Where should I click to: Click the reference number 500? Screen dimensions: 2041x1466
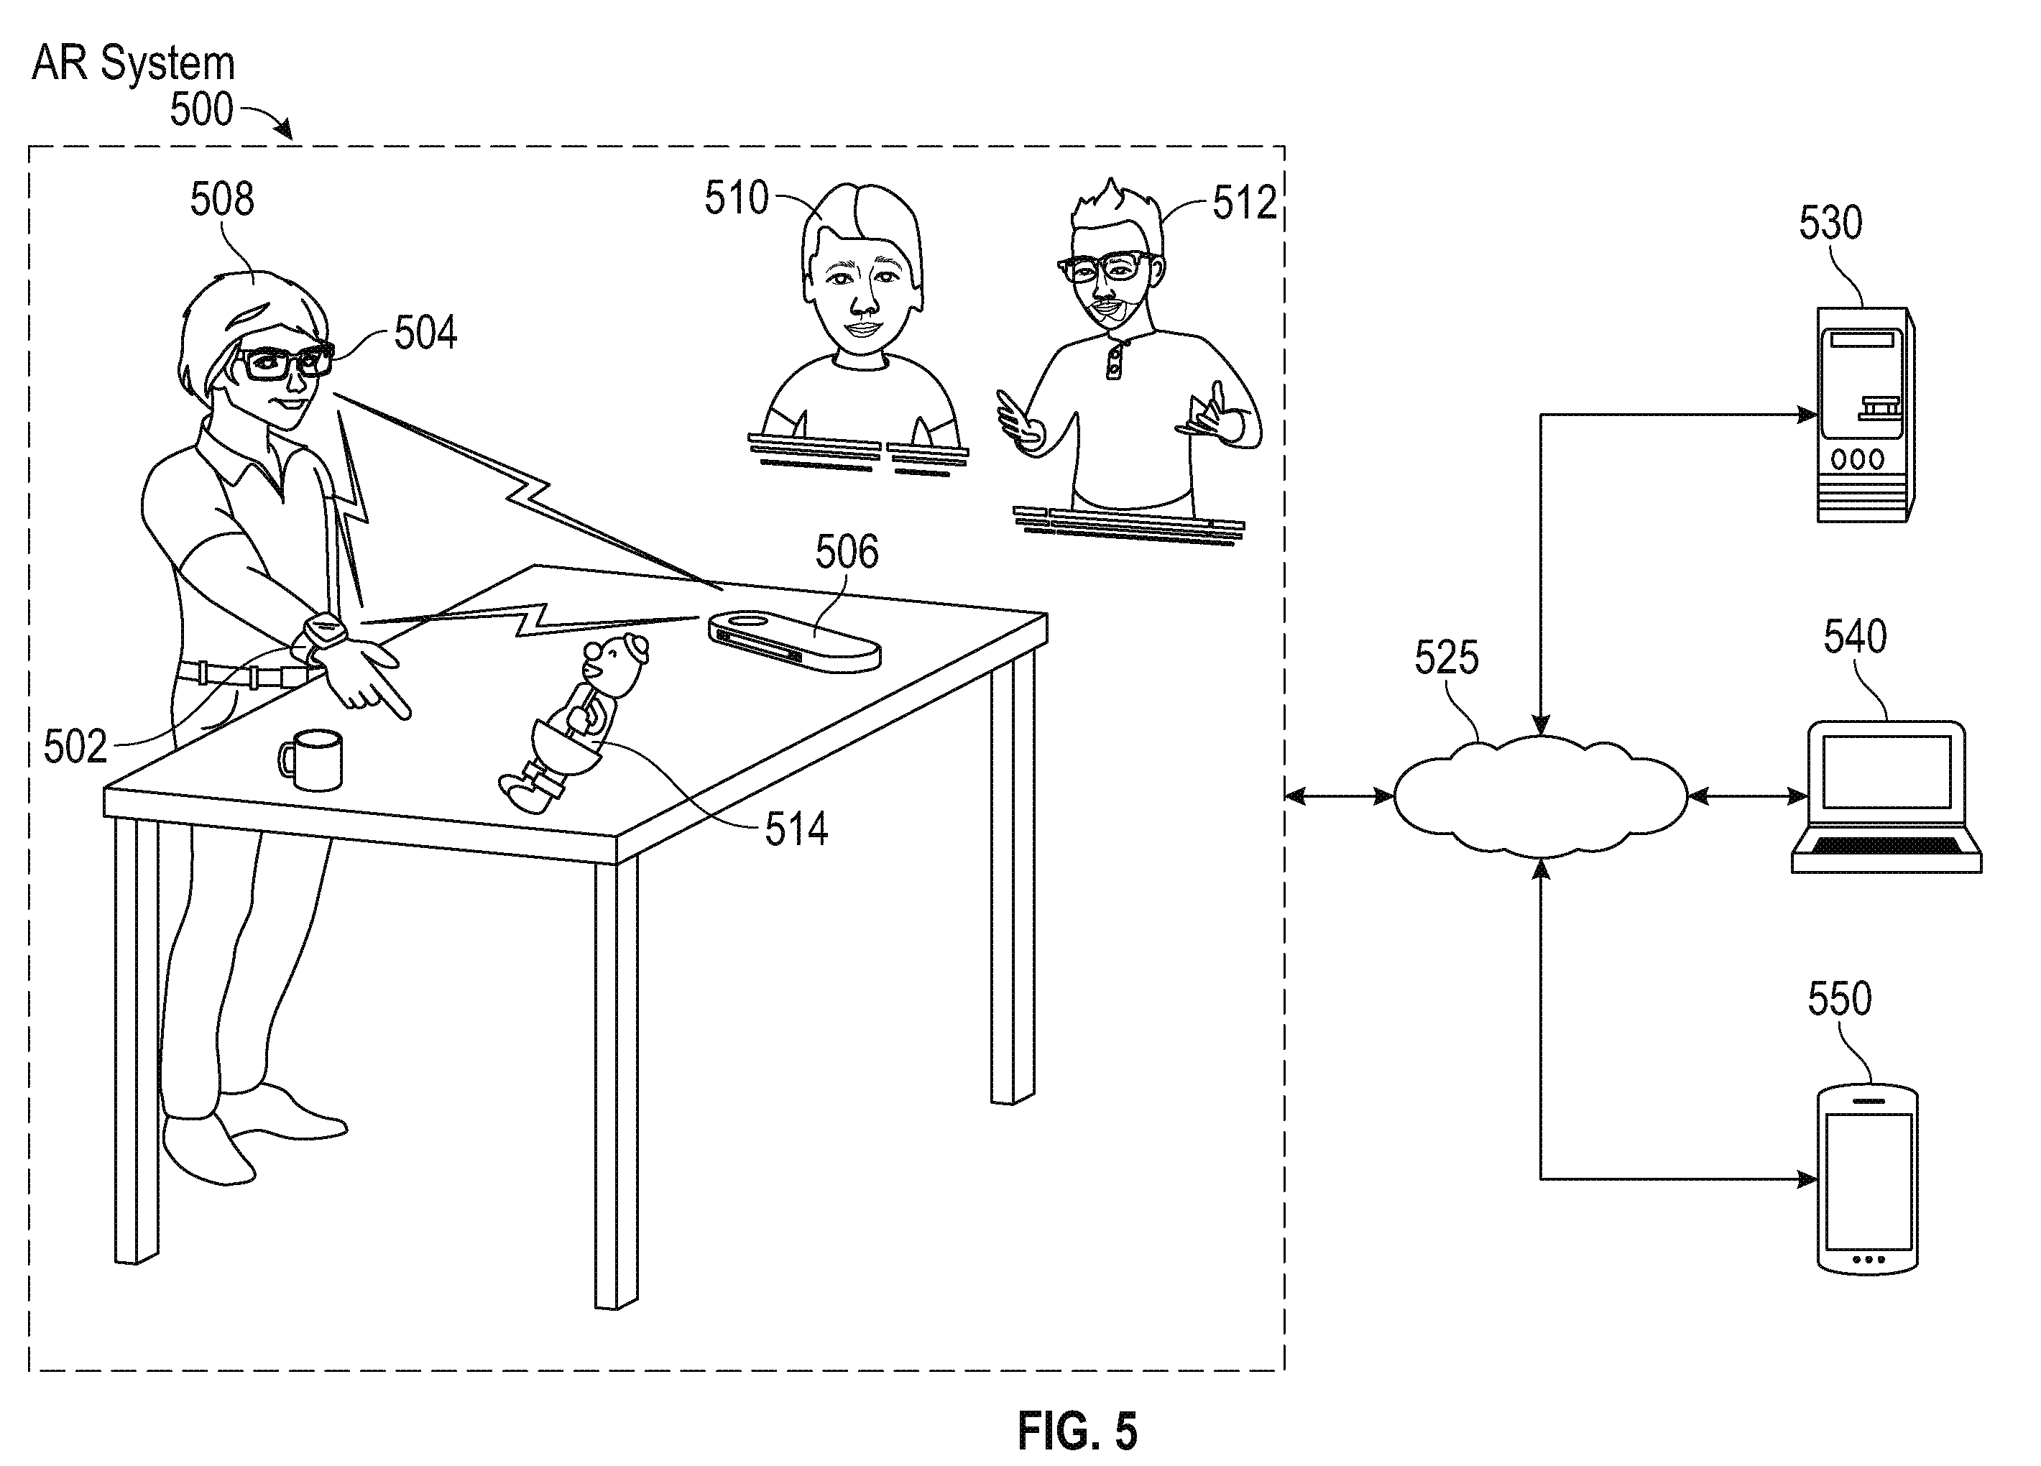coord(201,110)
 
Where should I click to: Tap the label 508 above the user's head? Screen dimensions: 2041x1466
coord(221,199)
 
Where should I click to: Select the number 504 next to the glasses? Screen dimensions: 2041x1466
coord(425,333)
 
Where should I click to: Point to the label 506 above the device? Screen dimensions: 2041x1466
coord(847,552)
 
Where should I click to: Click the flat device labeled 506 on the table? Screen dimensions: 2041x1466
coord(793,641)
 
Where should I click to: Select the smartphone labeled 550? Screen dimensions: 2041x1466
coord(1867,1179)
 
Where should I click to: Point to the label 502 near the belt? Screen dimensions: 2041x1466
coord(75,747)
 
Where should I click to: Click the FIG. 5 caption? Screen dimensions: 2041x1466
coord(1077,1431)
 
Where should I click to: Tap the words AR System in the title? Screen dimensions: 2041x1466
coord(133,63)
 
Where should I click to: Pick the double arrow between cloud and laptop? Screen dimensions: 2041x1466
coord(1748,796)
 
